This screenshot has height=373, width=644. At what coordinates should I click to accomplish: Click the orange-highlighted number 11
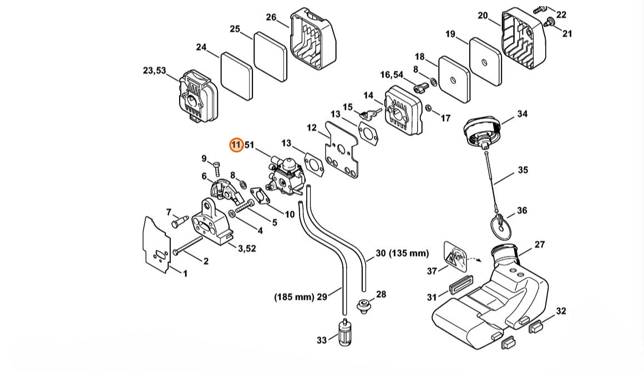click(x=236, y=145)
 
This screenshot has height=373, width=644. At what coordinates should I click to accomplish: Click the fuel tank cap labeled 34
click(x=483, y=130)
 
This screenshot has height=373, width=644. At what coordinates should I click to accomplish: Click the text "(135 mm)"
click(x=409, y=253)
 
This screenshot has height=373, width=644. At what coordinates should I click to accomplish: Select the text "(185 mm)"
click(x=294, y=297)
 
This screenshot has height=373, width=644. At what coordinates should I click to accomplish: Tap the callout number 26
click(x=271, y=17)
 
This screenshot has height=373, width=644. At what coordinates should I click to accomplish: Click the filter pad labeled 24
click(x=237, y=75)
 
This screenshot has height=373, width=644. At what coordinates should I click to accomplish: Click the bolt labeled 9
click(x=217, y=170)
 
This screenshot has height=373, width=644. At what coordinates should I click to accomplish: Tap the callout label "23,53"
click(x=154, y=70)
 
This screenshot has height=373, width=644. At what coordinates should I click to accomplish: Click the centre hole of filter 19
click(x=484, y=63)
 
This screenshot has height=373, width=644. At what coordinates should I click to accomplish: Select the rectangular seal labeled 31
click(x=460, y=285)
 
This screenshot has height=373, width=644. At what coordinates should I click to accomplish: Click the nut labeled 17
click(x=429, y=108)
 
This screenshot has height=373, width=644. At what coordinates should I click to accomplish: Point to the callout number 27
click(x=540, y=244)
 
